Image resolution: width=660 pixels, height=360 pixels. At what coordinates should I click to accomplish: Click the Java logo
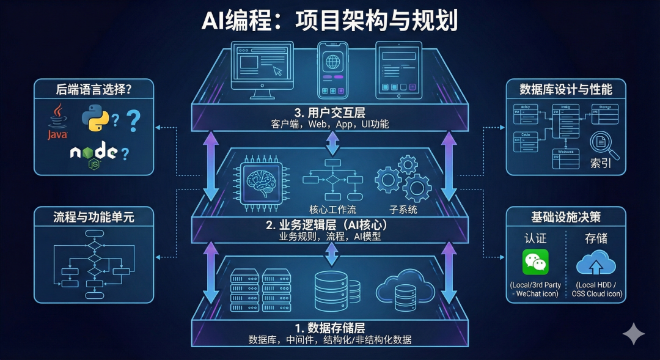[57, 120]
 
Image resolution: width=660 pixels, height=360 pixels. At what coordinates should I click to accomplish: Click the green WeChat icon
[535, 262]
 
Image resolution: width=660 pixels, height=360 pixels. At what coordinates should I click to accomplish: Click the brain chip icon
[261, 180]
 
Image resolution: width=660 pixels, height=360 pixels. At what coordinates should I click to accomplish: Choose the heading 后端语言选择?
[94, 89]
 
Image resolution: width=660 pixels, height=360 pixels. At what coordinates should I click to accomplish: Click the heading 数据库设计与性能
[565, 89]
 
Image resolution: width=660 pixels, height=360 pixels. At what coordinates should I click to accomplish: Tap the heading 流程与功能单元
[94, 216]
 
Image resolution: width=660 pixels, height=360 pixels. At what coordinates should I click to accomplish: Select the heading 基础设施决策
[565, 216]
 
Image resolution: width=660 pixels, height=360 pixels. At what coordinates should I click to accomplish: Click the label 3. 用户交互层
[331, 112]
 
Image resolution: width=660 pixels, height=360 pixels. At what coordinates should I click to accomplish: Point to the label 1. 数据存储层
[331, 327]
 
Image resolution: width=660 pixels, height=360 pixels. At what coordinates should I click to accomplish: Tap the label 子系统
[403, 210]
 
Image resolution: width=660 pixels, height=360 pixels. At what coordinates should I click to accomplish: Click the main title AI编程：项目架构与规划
[330, 21]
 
